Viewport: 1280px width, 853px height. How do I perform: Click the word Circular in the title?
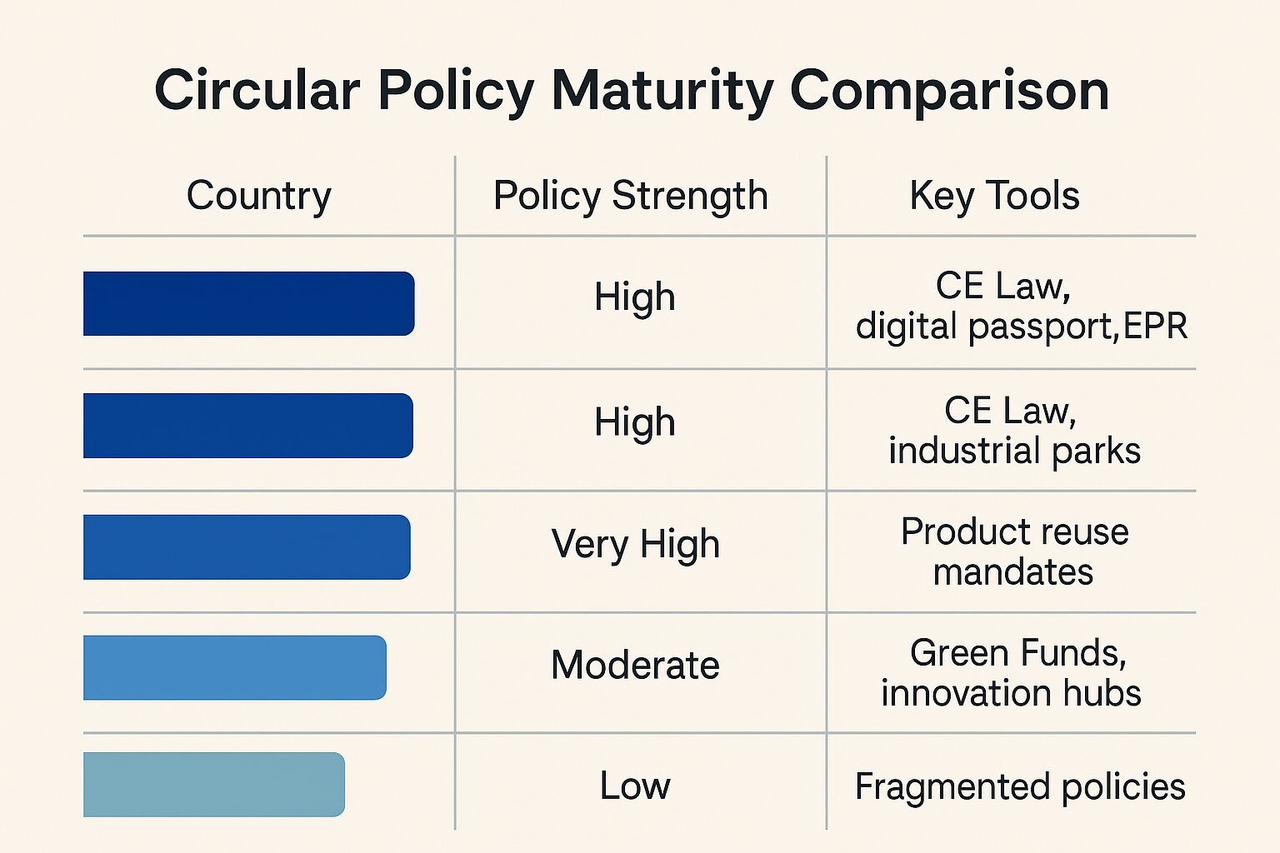[x=257, y=90]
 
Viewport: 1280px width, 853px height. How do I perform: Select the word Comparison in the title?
[x=949, y=90]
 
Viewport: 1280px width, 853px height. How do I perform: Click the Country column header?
[x=258, y=196]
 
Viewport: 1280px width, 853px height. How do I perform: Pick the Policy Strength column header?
[x=630, y=196]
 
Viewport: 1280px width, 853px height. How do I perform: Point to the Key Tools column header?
[x=994, y=196]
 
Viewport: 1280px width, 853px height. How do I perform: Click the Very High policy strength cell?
[x=635, y=544]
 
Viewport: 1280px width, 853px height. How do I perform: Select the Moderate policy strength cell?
[x=635, y=665]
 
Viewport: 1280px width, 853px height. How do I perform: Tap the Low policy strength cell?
[x=635, y=786]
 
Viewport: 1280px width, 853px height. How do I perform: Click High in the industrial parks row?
[x=635, y=422]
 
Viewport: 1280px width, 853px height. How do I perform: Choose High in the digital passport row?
[x=635, y=297]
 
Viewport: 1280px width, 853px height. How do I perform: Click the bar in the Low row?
[x=214, y=785]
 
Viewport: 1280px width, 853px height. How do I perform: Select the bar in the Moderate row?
[x=235, y=667]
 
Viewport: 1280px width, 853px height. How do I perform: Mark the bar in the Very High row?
[x=247, y=547]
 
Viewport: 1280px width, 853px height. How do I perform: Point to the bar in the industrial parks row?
[x=248, y=426]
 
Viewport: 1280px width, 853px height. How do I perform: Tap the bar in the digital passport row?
[x=248, y=303]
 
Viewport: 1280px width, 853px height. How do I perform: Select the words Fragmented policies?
[x=1020, y=786]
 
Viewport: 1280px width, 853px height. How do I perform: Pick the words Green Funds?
[x=1017, y=652]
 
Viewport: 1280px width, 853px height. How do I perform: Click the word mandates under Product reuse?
[x=1012, y=572]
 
